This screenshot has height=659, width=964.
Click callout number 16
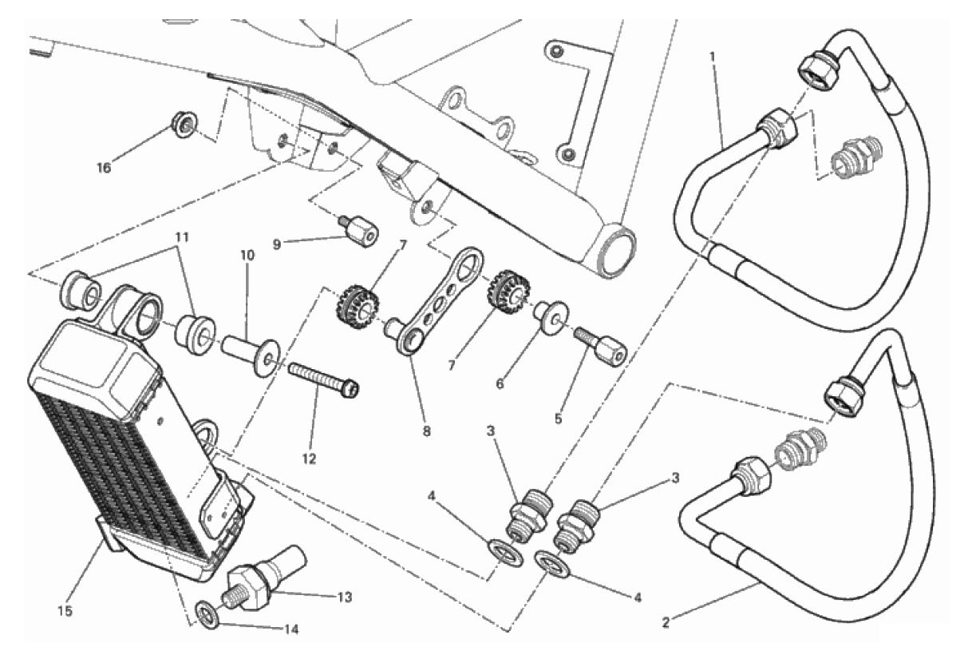click(105, 168)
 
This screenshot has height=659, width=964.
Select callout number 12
click(310, 459)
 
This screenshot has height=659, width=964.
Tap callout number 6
click(500, 383)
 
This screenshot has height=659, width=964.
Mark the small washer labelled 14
click(206, 613)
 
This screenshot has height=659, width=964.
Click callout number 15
click(65, 611)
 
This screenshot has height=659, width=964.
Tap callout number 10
click(247, 256)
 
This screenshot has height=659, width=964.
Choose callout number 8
click(427, 431)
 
